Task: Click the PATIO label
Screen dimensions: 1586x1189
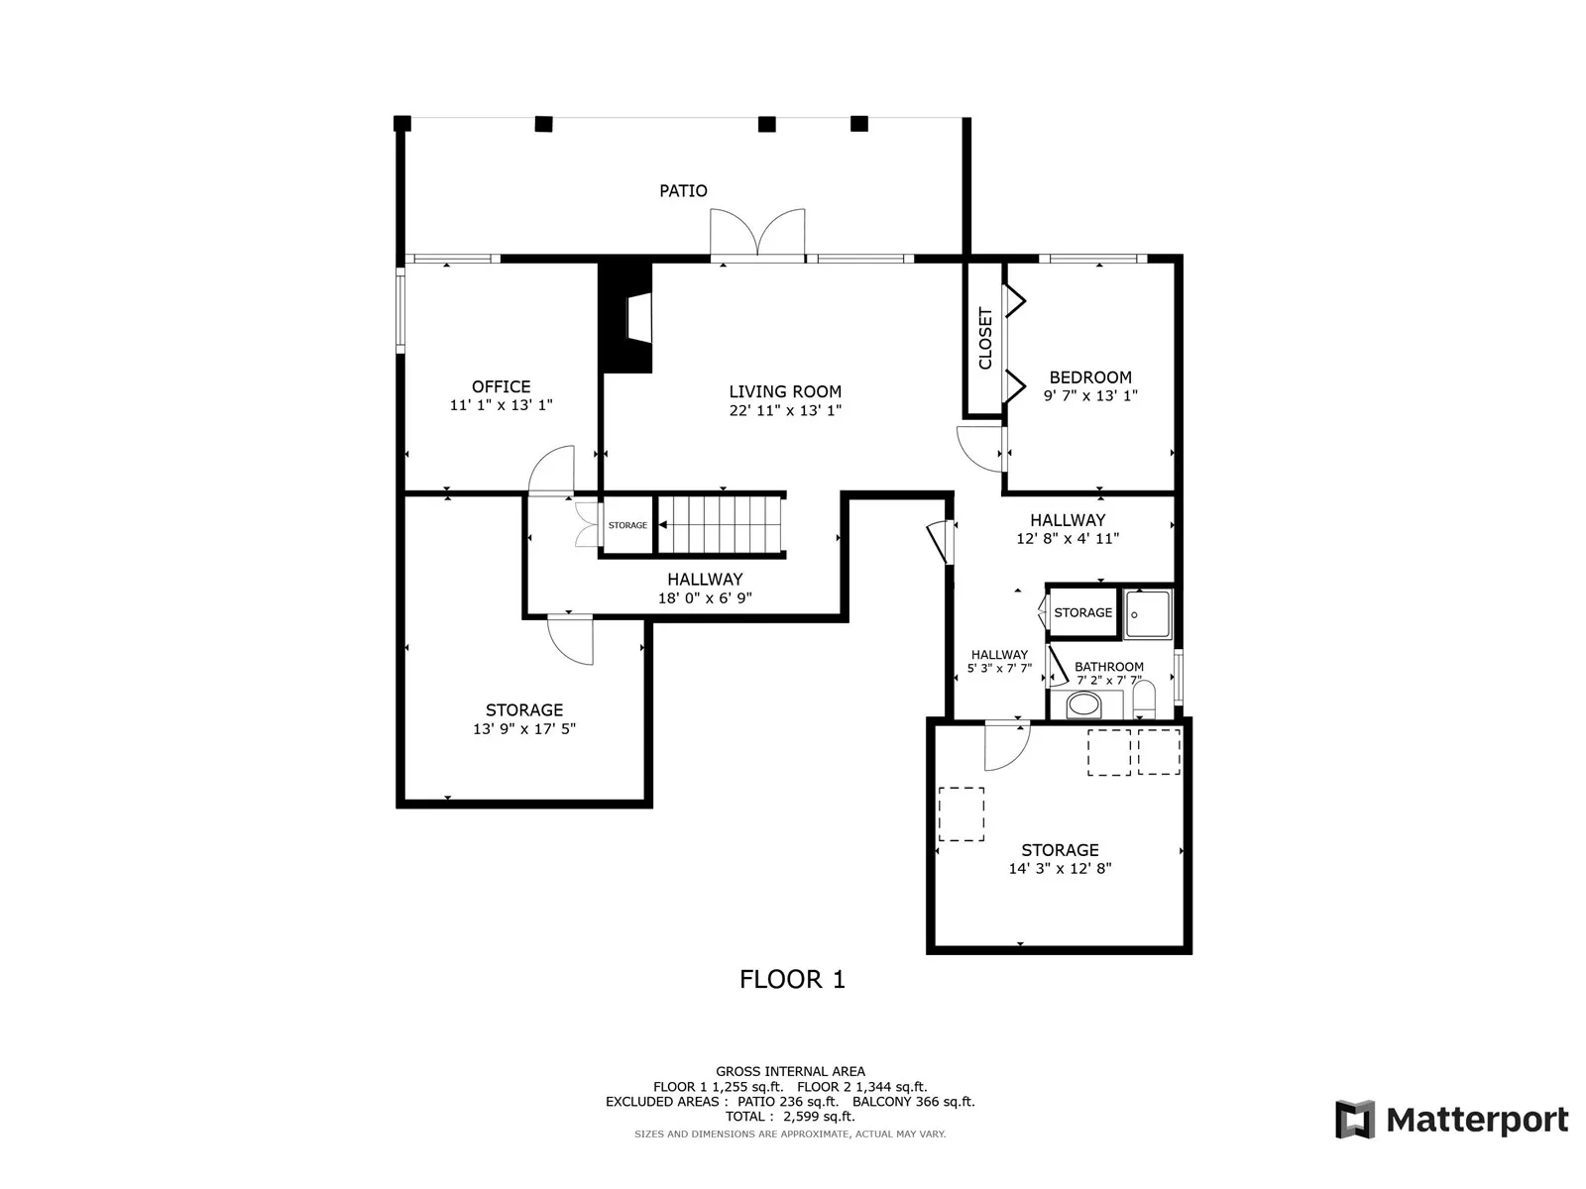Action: point(683,190)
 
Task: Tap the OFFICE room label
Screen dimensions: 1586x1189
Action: point(501,387)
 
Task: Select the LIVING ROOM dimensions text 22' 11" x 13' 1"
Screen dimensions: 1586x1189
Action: point(785,410)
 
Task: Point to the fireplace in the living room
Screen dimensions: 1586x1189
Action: point(626,318)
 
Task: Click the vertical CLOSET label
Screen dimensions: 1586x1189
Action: point(985,339)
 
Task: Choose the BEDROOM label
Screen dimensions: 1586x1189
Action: point(1090,378)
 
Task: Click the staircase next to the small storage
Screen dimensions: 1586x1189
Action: point(720,525)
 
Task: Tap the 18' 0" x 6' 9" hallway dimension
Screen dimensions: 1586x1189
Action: point(705,597)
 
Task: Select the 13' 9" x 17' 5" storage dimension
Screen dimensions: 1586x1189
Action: point(523,728)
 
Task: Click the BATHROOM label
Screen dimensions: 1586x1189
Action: point(1109,666)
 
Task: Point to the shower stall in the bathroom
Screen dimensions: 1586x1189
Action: point(1148,614)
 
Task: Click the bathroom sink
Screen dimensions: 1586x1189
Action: point(1083,703)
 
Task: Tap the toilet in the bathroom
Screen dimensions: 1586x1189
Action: point(1145,700)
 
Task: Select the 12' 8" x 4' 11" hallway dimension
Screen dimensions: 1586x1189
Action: point(1068,538)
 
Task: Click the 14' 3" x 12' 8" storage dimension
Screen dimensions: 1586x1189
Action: point(1060,869)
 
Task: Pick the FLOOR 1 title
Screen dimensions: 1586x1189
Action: point(792,979)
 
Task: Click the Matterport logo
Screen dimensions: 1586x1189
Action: point(1451,1120)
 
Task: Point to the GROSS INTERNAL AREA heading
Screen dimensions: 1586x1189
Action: point(790,1071)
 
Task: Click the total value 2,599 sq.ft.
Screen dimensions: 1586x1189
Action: point(820,1116)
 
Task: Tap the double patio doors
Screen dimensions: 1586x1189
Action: point(757,233)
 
